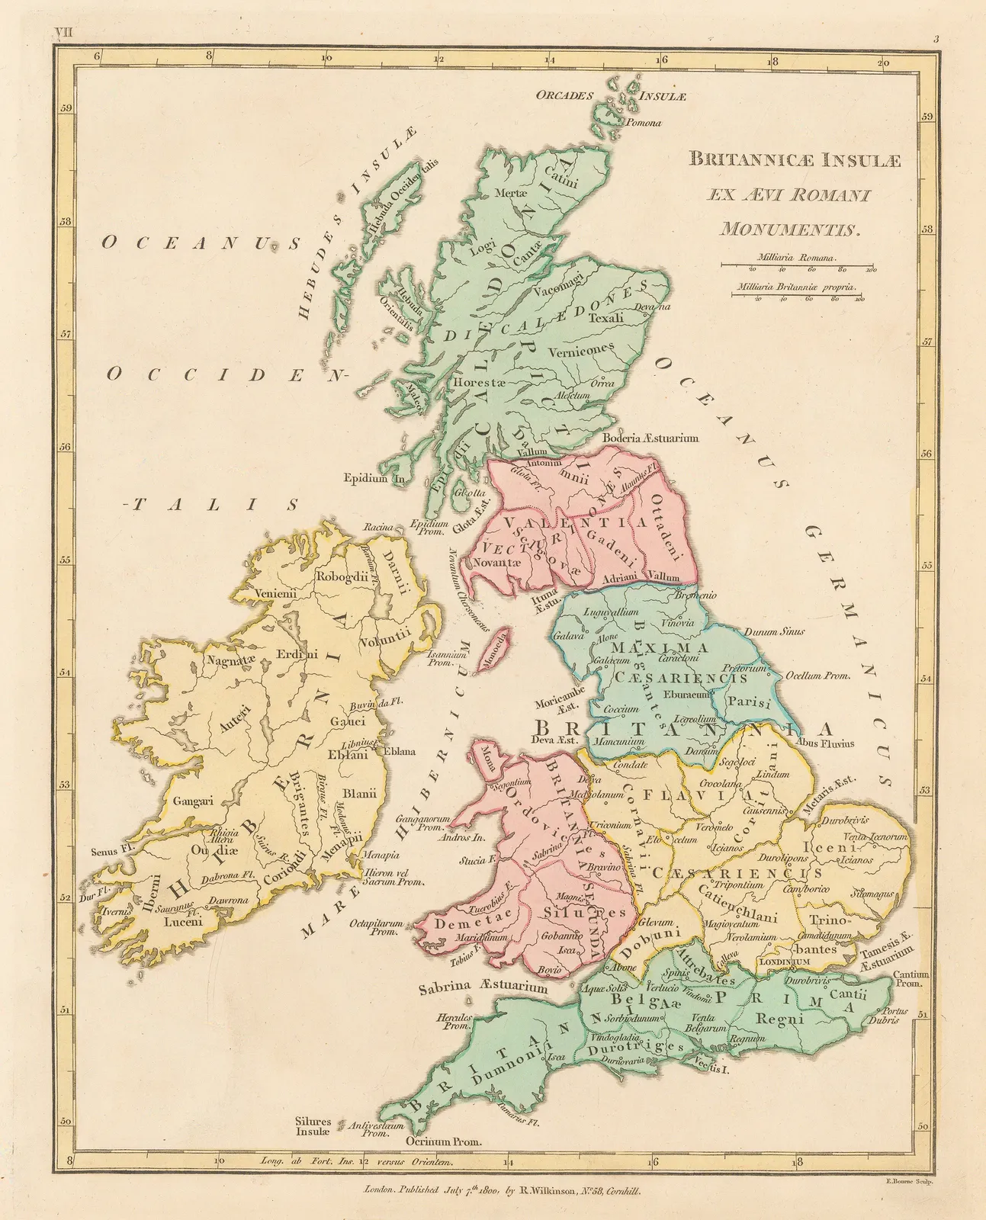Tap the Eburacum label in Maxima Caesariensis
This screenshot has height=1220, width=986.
686,695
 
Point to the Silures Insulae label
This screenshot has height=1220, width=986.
313,1127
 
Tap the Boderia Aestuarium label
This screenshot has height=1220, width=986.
650,438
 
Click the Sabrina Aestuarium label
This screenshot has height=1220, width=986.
483,987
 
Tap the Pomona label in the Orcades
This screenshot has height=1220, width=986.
643,122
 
